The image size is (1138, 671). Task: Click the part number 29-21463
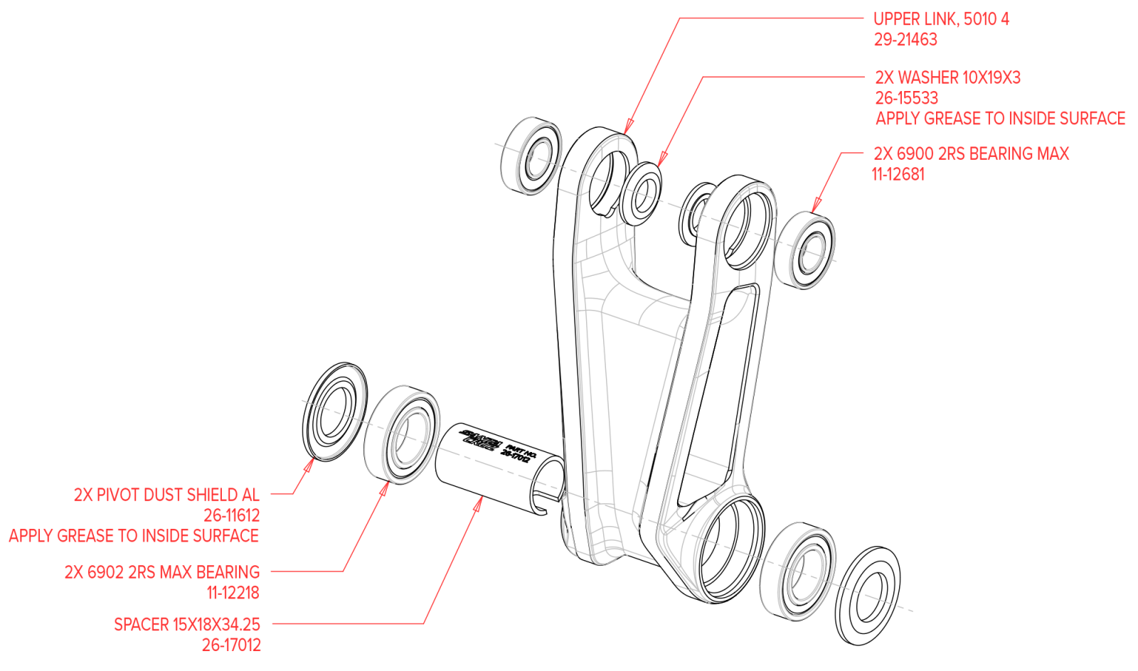(x=905, y=40)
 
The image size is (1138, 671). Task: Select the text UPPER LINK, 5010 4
(x=941, y=19)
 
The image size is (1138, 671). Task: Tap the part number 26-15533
(x=906, y=98)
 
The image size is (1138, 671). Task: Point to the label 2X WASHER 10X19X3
(x=947, y=77)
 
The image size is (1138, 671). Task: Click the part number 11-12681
(x=898, y=174)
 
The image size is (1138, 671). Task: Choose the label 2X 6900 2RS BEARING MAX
(x=971, y=154)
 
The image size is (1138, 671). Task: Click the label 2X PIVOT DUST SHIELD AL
(x=166, y=495)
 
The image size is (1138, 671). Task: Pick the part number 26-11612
(x=231, y=515)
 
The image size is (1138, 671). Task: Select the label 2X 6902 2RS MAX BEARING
(x=162, y=572)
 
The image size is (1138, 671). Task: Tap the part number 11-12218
(x=233, y=593)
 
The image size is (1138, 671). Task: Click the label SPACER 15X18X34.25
(x=187, y=625)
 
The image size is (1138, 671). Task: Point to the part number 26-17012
(x=231, y=645)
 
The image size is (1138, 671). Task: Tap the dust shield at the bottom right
(x=867, y=596)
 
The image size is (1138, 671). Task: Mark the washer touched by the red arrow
(x=642, y=193)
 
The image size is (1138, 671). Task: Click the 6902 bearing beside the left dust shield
(x=402, y=435)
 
